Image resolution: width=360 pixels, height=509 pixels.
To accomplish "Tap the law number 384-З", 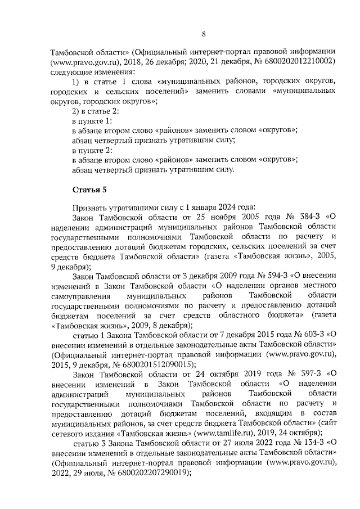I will [x=301, y=216].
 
